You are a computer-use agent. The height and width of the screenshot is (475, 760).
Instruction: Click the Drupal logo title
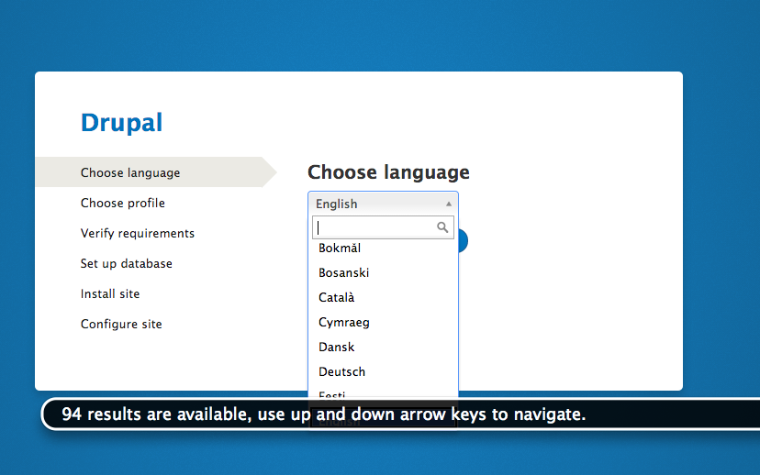121,123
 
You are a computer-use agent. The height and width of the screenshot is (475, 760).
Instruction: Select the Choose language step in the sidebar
130,173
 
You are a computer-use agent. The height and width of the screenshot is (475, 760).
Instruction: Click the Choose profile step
123,204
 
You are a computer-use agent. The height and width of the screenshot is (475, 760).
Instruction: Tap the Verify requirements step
138,234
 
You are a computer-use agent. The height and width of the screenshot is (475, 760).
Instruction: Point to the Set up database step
127,264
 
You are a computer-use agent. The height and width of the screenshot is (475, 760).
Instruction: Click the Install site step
110,294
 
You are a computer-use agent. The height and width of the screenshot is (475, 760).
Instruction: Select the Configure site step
121,325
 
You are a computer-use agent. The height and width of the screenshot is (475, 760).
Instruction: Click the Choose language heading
388,172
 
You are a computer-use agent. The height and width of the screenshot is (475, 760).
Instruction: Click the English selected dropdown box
376,204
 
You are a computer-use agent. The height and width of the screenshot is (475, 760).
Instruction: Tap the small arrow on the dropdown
449,204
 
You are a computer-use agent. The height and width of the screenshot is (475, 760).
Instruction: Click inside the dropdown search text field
374,227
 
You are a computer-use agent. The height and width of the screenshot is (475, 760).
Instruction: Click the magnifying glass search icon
443,227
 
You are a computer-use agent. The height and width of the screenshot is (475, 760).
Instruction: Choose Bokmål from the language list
340,249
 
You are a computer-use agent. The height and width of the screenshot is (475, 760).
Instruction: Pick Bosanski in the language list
344,273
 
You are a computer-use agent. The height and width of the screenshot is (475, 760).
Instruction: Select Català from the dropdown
337,298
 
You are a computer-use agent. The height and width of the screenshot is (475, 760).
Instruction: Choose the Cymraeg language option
344,323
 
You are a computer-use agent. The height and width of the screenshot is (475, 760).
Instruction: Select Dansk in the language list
337,348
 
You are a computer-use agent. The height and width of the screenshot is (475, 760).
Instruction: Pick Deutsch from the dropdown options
342,372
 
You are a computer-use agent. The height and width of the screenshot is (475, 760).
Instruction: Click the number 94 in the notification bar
71,414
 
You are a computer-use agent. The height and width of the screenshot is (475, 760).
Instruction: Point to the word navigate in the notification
551,414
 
